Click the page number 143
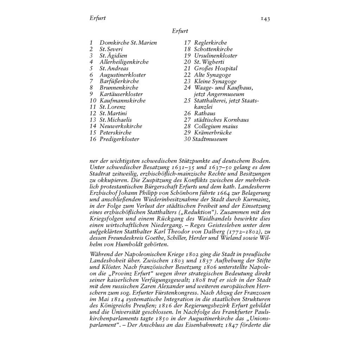tap(265, 19)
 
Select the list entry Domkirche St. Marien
tap(128, 43)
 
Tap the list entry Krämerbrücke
tap(213, 133)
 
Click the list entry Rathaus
tap(205, 113)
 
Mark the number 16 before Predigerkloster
tap(93, 139)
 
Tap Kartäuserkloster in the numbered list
tap(121, 94)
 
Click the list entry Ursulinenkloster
tap(216, 56)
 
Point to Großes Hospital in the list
tap(216, 69)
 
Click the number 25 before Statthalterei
tap(187, 101)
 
